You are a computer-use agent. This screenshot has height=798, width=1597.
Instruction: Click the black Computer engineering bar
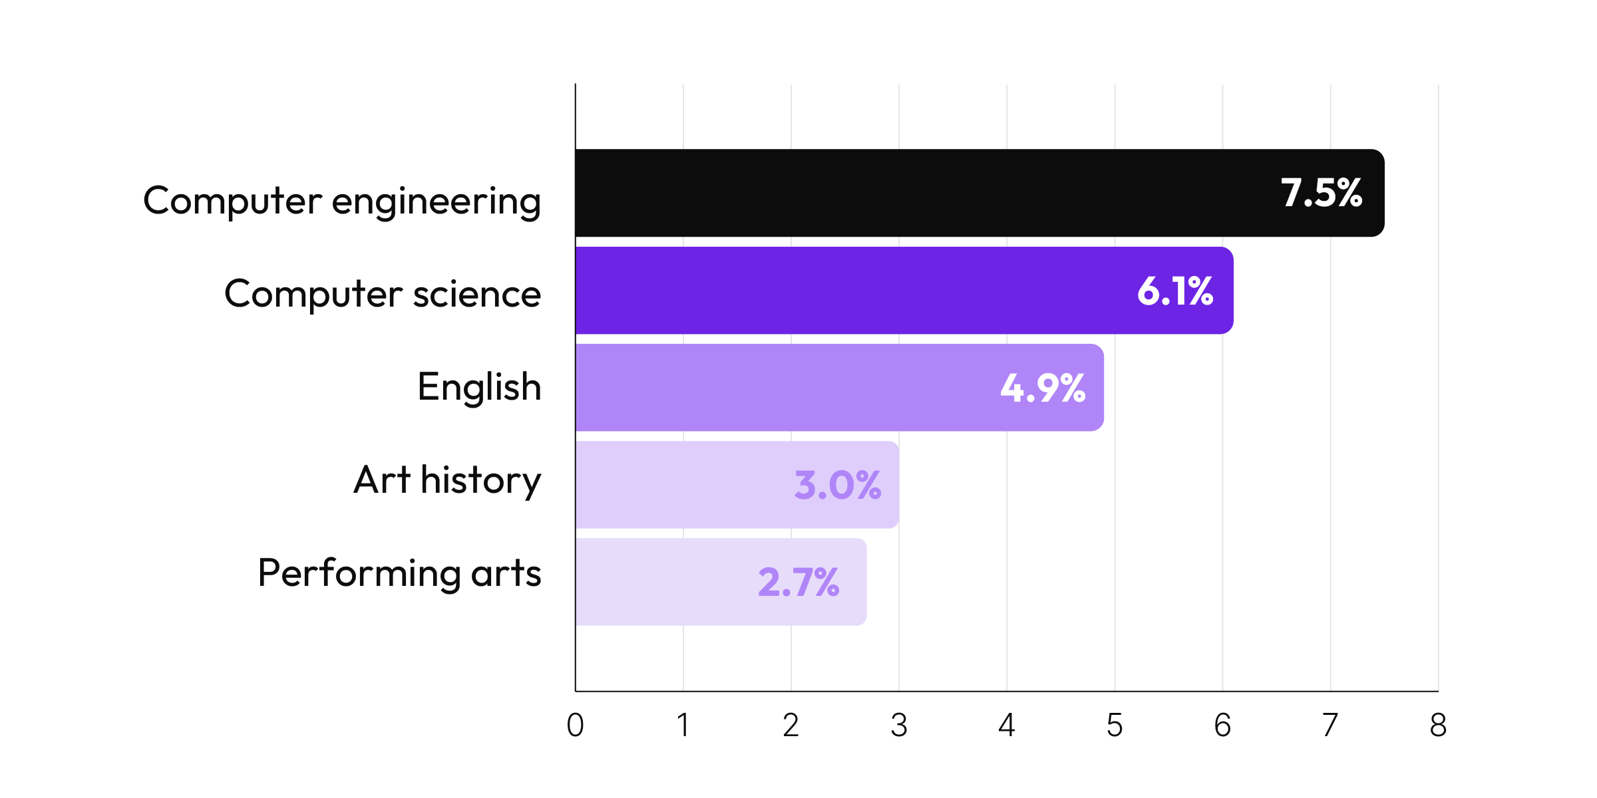coord(932,193)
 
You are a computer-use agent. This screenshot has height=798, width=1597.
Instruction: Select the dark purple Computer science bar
coord(865,291)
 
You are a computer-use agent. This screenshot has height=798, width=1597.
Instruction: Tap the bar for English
coord(798,388)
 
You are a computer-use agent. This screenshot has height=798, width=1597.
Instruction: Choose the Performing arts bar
coord(665,582)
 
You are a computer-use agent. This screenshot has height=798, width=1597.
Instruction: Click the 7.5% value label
coord(1322,193)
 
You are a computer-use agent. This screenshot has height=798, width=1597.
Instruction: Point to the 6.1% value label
coord(1175,291)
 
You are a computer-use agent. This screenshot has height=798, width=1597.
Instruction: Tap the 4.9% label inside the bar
coord(1043,388)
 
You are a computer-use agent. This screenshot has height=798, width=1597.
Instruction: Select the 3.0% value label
coord(838,485)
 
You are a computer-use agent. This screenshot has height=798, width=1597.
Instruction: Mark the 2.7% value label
coord(798,582)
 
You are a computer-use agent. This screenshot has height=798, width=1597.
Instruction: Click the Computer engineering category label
coord(342,201)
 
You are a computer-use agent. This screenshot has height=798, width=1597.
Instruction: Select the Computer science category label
coord(383,294)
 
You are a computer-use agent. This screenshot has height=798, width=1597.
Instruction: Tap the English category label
coord(479,388)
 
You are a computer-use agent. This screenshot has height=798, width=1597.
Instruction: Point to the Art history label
coord(447,481)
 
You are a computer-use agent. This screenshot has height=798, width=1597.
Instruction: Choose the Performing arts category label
coord(399,573)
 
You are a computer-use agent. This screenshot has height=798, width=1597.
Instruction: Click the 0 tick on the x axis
coord(576,725)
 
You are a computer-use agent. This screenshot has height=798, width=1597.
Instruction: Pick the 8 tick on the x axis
coord(1438,725)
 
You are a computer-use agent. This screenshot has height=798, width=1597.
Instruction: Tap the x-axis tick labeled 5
coord(1115,725)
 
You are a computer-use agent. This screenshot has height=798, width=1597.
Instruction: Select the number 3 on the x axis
coord(899,725)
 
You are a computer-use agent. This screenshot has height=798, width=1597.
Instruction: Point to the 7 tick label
coord(1330,725)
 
